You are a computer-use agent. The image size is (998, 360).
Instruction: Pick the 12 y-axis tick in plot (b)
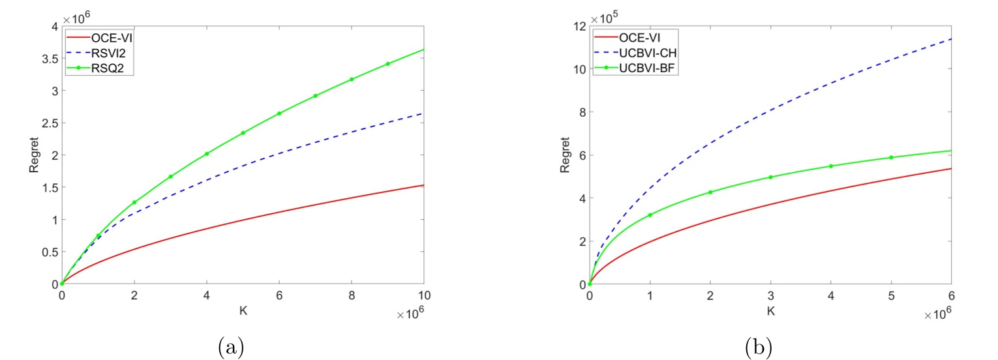tap(578, 26)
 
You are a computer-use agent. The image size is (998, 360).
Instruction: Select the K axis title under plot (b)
tap(770, 311)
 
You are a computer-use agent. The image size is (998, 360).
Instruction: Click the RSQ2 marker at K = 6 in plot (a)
tap(279, 113)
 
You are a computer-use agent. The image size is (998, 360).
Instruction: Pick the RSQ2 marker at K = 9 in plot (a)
tap(388, 64)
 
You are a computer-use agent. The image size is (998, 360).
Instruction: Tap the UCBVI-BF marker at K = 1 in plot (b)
tap(650, 215)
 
